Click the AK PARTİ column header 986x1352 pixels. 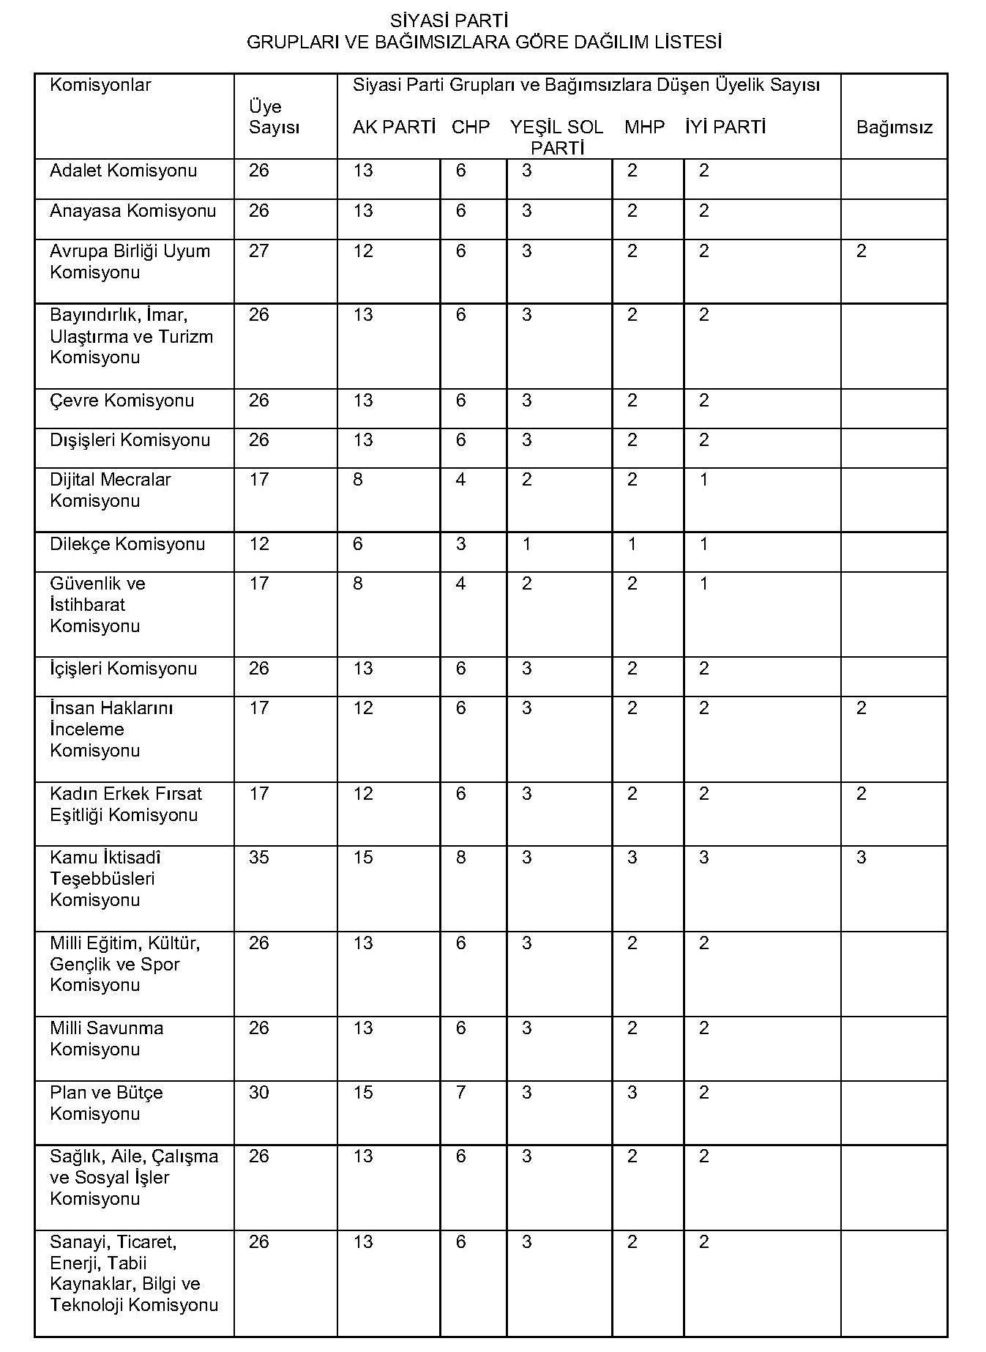click(394, 127)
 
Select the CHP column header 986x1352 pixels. click(470, 127)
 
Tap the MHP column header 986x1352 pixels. click(644, 127)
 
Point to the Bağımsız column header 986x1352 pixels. click(894, 128)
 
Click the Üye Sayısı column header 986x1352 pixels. click(274, 117)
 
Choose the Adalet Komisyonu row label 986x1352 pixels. click(123, 171)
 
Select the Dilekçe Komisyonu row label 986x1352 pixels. click(127, 544)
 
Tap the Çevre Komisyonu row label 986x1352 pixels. click(122, 401)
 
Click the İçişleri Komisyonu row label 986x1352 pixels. click(123, 669)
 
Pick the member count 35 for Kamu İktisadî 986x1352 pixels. click(259, 858)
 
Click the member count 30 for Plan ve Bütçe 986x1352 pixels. click(259, 1093)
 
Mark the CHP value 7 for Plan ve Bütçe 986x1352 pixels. click(460, 1093)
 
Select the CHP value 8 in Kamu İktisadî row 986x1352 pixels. click(460, 858)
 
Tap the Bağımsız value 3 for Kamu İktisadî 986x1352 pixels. click(862, 858)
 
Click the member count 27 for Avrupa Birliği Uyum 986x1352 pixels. click(259, 251)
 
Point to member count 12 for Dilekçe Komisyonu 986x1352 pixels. click(259, 544)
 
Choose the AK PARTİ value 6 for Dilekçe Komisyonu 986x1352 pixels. click(358, 544)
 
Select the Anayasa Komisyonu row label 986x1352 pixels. click(132, 212)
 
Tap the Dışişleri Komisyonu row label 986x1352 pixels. click(130, 440)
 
